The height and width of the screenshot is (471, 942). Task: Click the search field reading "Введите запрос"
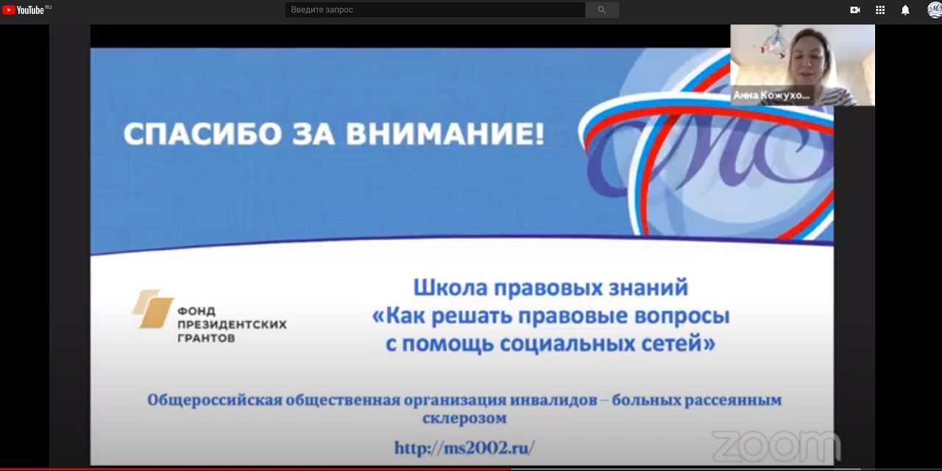(x=434, y=10)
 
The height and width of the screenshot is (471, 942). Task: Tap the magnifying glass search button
(x=602, y=10)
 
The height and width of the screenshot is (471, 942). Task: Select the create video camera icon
(x=855, y=10)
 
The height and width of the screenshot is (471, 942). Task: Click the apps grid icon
(x=880, y=10)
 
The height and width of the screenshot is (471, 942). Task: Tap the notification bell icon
(x=905, y=10)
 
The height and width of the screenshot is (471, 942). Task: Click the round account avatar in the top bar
(x=933, y=10)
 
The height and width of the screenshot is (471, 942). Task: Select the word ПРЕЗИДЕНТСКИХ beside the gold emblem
(x=232, y=324)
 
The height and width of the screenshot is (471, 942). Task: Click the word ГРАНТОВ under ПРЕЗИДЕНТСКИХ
(x=206, y=338)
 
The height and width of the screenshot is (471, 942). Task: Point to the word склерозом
(x=464, y=419)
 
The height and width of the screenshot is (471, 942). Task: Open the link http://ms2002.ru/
(x=464, y=447)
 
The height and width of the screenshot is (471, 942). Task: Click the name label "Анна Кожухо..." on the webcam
(x=771, y=96)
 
